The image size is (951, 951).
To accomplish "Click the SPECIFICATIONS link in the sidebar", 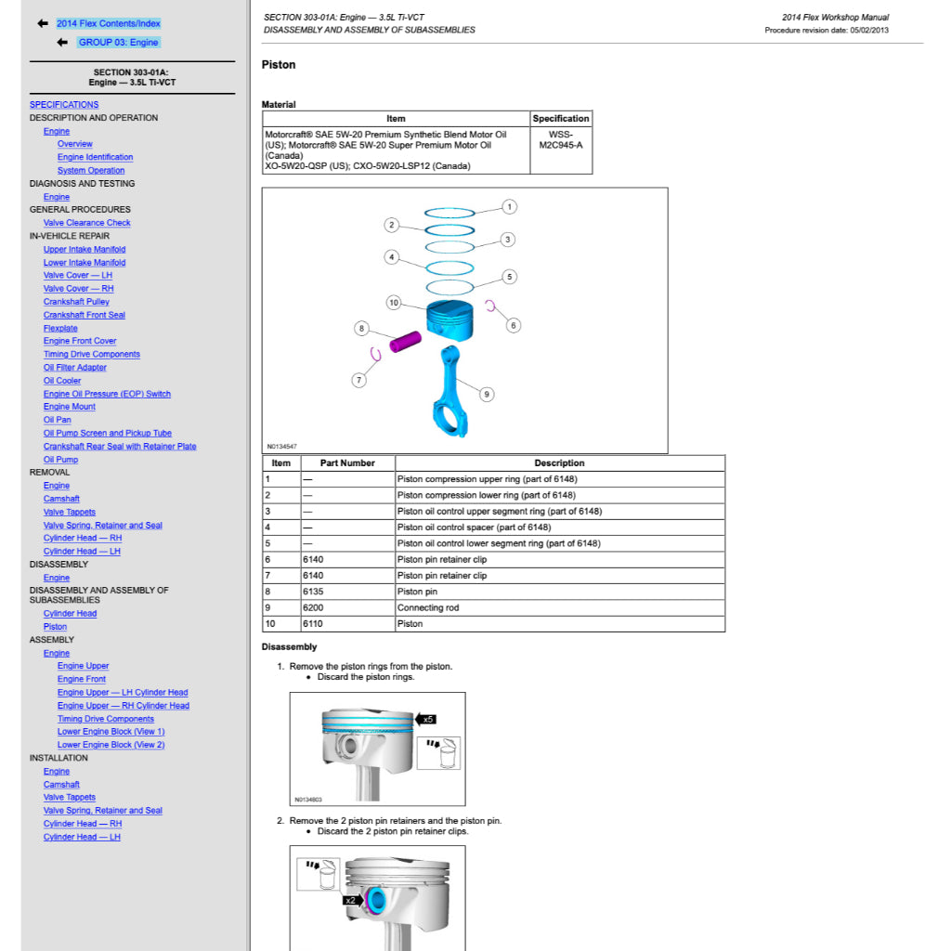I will [64, 105].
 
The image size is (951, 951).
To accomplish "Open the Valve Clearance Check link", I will [86, 223].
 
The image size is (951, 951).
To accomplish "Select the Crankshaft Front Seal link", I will [84, 315].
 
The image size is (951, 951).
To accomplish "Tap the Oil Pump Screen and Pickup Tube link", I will [107, 433].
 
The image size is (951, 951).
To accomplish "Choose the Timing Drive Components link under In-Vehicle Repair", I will [91, 354].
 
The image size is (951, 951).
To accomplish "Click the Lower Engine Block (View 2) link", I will [111, 745].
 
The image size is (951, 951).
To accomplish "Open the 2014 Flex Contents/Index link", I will [108, 23].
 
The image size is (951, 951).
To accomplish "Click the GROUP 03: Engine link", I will [118, 43].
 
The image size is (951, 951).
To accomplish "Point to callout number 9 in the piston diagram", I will [487, 394].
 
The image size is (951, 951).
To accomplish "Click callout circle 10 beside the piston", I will [394, 303].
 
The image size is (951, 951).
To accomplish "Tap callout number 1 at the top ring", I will [510, 206].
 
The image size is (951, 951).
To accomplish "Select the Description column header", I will [559, 462].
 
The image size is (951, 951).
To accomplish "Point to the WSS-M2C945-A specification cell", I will [560, 139].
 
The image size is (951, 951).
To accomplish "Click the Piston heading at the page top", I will [279, 65].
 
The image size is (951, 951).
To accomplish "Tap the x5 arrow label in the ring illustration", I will [426, 719].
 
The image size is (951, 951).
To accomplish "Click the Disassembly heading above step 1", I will [289, 647].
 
